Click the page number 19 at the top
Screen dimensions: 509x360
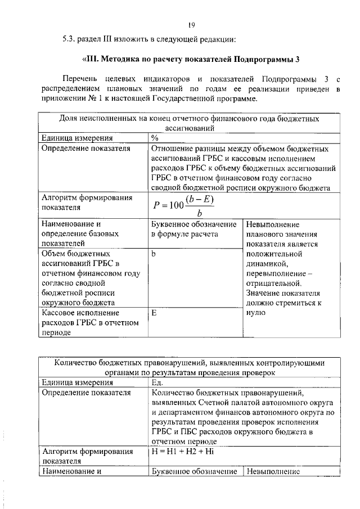coord(191,25)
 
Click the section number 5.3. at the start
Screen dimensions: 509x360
coord(70,39)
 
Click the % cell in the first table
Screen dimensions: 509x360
coord(155,138)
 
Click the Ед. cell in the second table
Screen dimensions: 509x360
coord(157,382)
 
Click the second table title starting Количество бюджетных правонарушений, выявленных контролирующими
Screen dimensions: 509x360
coord(190,367)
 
